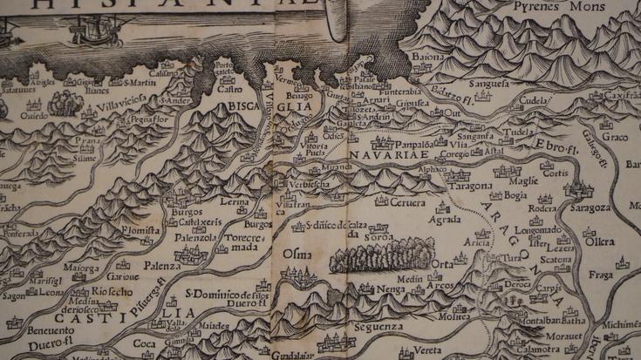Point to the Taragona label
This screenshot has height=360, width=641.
(472, 187)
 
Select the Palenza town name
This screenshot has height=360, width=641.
(163, 264)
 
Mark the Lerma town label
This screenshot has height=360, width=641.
(234, 201)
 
